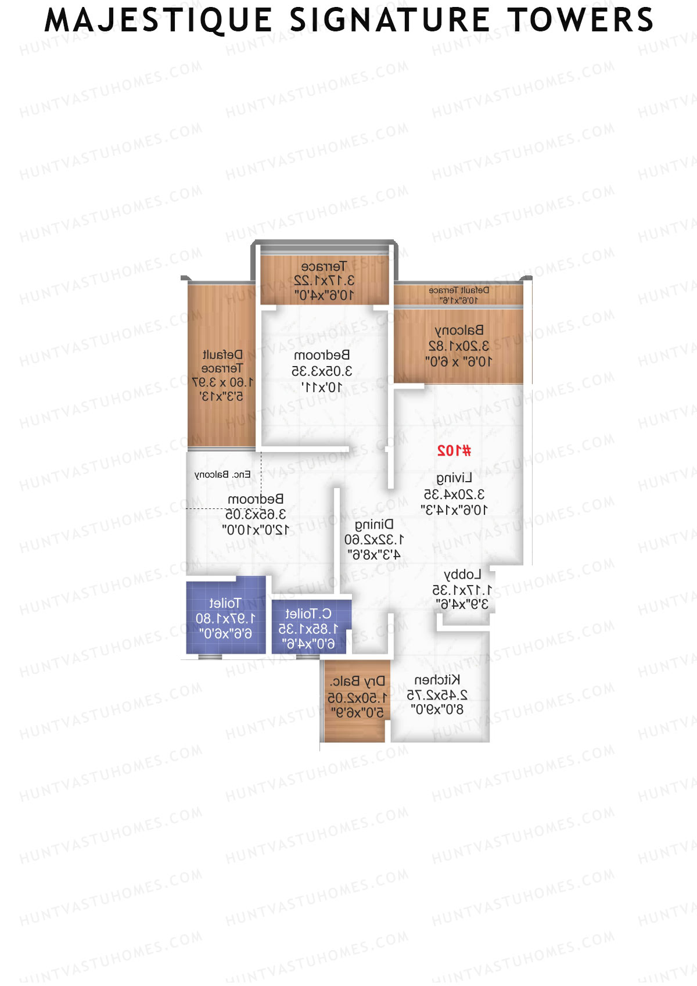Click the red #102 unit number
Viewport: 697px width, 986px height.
[x=454, y=450]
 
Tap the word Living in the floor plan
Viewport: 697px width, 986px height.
[x=454, y=478]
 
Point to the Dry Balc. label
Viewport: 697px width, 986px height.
[x=357, y=681]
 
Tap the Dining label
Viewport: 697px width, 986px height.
[x=373, y=525]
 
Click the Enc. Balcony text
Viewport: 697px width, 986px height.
[x=222, y=475]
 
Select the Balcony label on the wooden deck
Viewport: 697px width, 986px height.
[x=459, y=330]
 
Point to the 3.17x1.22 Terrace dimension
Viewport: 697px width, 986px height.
[x=324, y=281]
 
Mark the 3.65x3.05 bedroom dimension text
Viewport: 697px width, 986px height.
[x=256, y=514]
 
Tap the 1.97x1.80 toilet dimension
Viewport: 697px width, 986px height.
[x=225, y=618]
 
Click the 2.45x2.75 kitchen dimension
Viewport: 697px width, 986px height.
[x=437, y=695]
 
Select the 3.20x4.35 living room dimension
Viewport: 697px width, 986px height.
[x=454, y=494]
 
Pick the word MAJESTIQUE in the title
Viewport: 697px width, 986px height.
[x=159, y=20]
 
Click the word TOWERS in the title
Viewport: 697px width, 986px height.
[x=580, y=20]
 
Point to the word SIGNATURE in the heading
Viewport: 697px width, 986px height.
[x=390, y=20]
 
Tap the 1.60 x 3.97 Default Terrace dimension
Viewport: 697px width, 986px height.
[x=222, y=382]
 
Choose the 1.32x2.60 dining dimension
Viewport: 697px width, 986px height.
[x=374, y=540]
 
